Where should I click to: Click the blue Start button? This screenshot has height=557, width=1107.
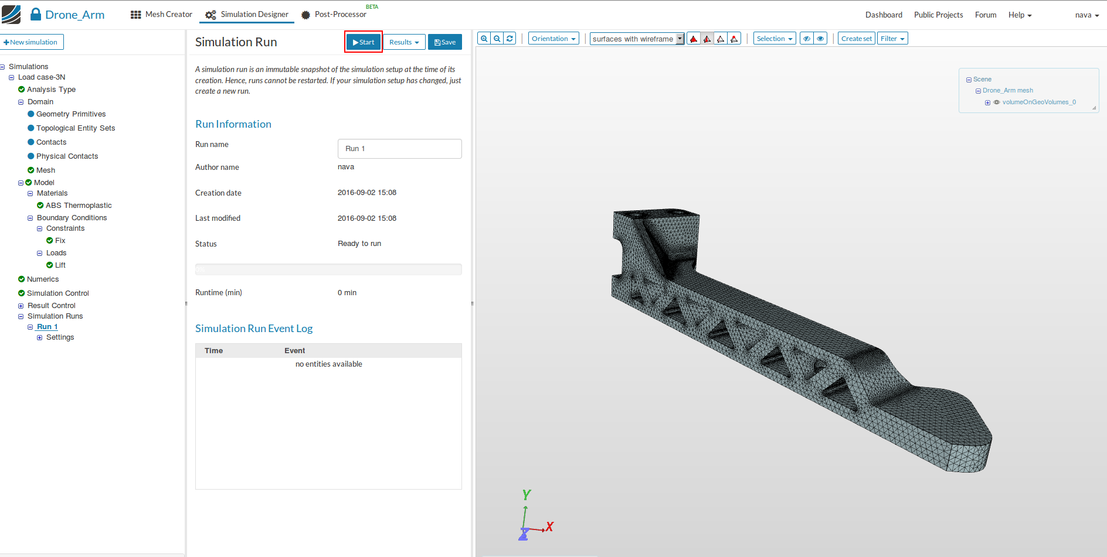(x=364, y=42)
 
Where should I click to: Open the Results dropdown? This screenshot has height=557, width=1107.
(x=404, y=42)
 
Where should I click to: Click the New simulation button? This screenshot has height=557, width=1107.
(x=32, y=42)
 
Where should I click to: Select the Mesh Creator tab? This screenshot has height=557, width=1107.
(x=161, y=15)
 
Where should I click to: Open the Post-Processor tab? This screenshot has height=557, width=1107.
(x=334, y=15)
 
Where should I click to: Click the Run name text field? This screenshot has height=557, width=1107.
(x=399, y=149)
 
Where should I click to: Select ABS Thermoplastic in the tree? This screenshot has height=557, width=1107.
(x=79, y=206)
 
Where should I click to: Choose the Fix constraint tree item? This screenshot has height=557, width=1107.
(x=60, y=241)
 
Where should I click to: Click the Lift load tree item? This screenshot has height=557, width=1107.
(x=60, y=265)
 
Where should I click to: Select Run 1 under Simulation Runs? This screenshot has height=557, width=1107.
(x=47, y=327)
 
